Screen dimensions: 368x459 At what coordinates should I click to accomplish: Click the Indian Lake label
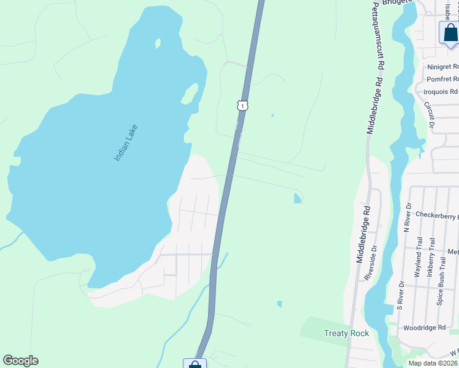pos(126,144)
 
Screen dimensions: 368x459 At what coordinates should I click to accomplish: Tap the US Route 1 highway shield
pos(242,105)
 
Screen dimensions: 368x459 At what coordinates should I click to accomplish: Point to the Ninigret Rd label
pos(442,66)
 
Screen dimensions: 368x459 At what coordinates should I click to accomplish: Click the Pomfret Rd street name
pos(442,80)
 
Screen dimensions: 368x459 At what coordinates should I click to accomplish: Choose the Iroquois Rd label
pos(441,92)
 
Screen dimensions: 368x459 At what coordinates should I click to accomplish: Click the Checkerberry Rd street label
pos(436,215)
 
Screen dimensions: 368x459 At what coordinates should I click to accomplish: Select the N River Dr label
pos(407,217)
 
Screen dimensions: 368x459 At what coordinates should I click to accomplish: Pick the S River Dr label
pos(400,296)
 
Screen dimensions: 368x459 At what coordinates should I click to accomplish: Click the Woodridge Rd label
pos(425,328)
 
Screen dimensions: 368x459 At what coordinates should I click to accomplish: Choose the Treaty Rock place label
pos(346,333)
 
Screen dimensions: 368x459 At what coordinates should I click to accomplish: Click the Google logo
pos(20,361)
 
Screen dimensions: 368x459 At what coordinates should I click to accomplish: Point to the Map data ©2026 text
pos(433,363)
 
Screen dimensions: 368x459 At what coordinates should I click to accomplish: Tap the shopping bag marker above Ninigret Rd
pos(450,33)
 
